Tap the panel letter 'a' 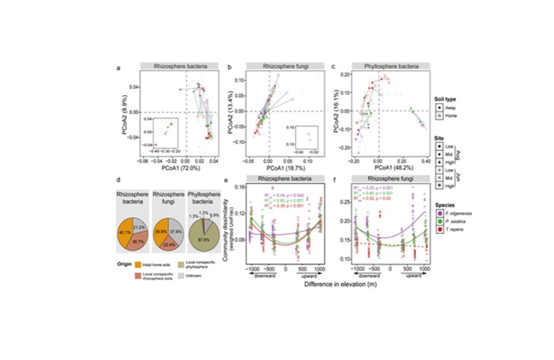[x=119, y=68]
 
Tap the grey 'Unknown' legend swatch [x=189, y=276]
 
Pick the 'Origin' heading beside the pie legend [x=125, y=264]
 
